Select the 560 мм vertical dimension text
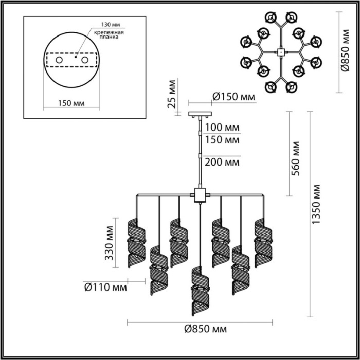295,160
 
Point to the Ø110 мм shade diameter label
105,286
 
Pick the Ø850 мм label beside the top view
346,51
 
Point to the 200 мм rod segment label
222,162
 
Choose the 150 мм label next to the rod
222,139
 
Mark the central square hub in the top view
281,52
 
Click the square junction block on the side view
199,195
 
